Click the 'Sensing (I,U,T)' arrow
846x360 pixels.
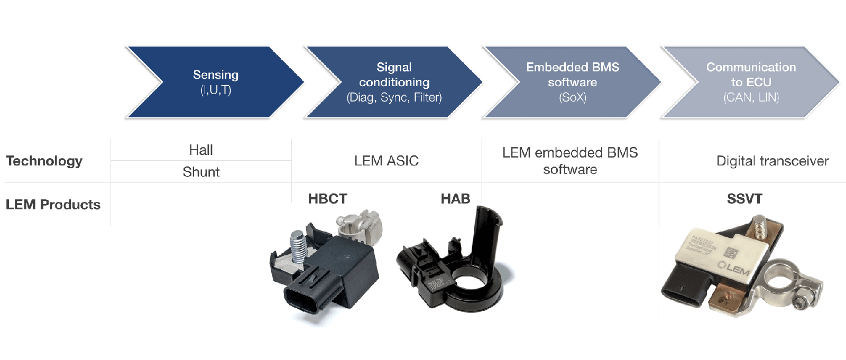click(x=216, y=82)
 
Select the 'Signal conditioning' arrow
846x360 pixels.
click(x=394, y=82)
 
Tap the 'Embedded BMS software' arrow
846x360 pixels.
click(x=573, y=82)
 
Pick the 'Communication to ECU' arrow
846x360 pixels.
click(x=751, y=82)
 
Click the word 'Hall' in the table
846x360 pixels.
click(x=201, y=150)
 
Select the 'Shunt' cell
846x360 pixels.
click(x=201, y=172)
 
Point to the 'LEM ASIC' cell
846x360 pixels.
click(x=387, y=161)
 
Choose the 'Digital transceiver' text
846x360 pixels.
click(x=772, y=161)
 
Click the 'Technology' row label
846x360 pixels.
click(x=44, y=161)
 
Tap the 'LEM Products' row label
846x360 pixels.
click(x=53, y=205)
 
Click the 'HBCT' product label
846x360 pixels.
click(x=328, y=199)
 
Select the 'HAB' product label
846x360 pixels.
click(x=455, y=199)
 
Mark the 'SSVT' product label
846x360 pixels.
click(x=744, y=199)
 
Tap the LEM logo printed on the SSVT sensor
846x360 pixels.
click(x=734, y=268)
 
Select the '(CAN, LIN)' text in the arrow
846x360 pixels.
click(x=751, y=97)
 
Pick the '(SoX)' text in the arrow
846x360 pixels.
click(x=573, y=97)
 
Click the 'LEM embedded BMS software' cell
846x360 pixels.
click(x=570, y=161)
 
